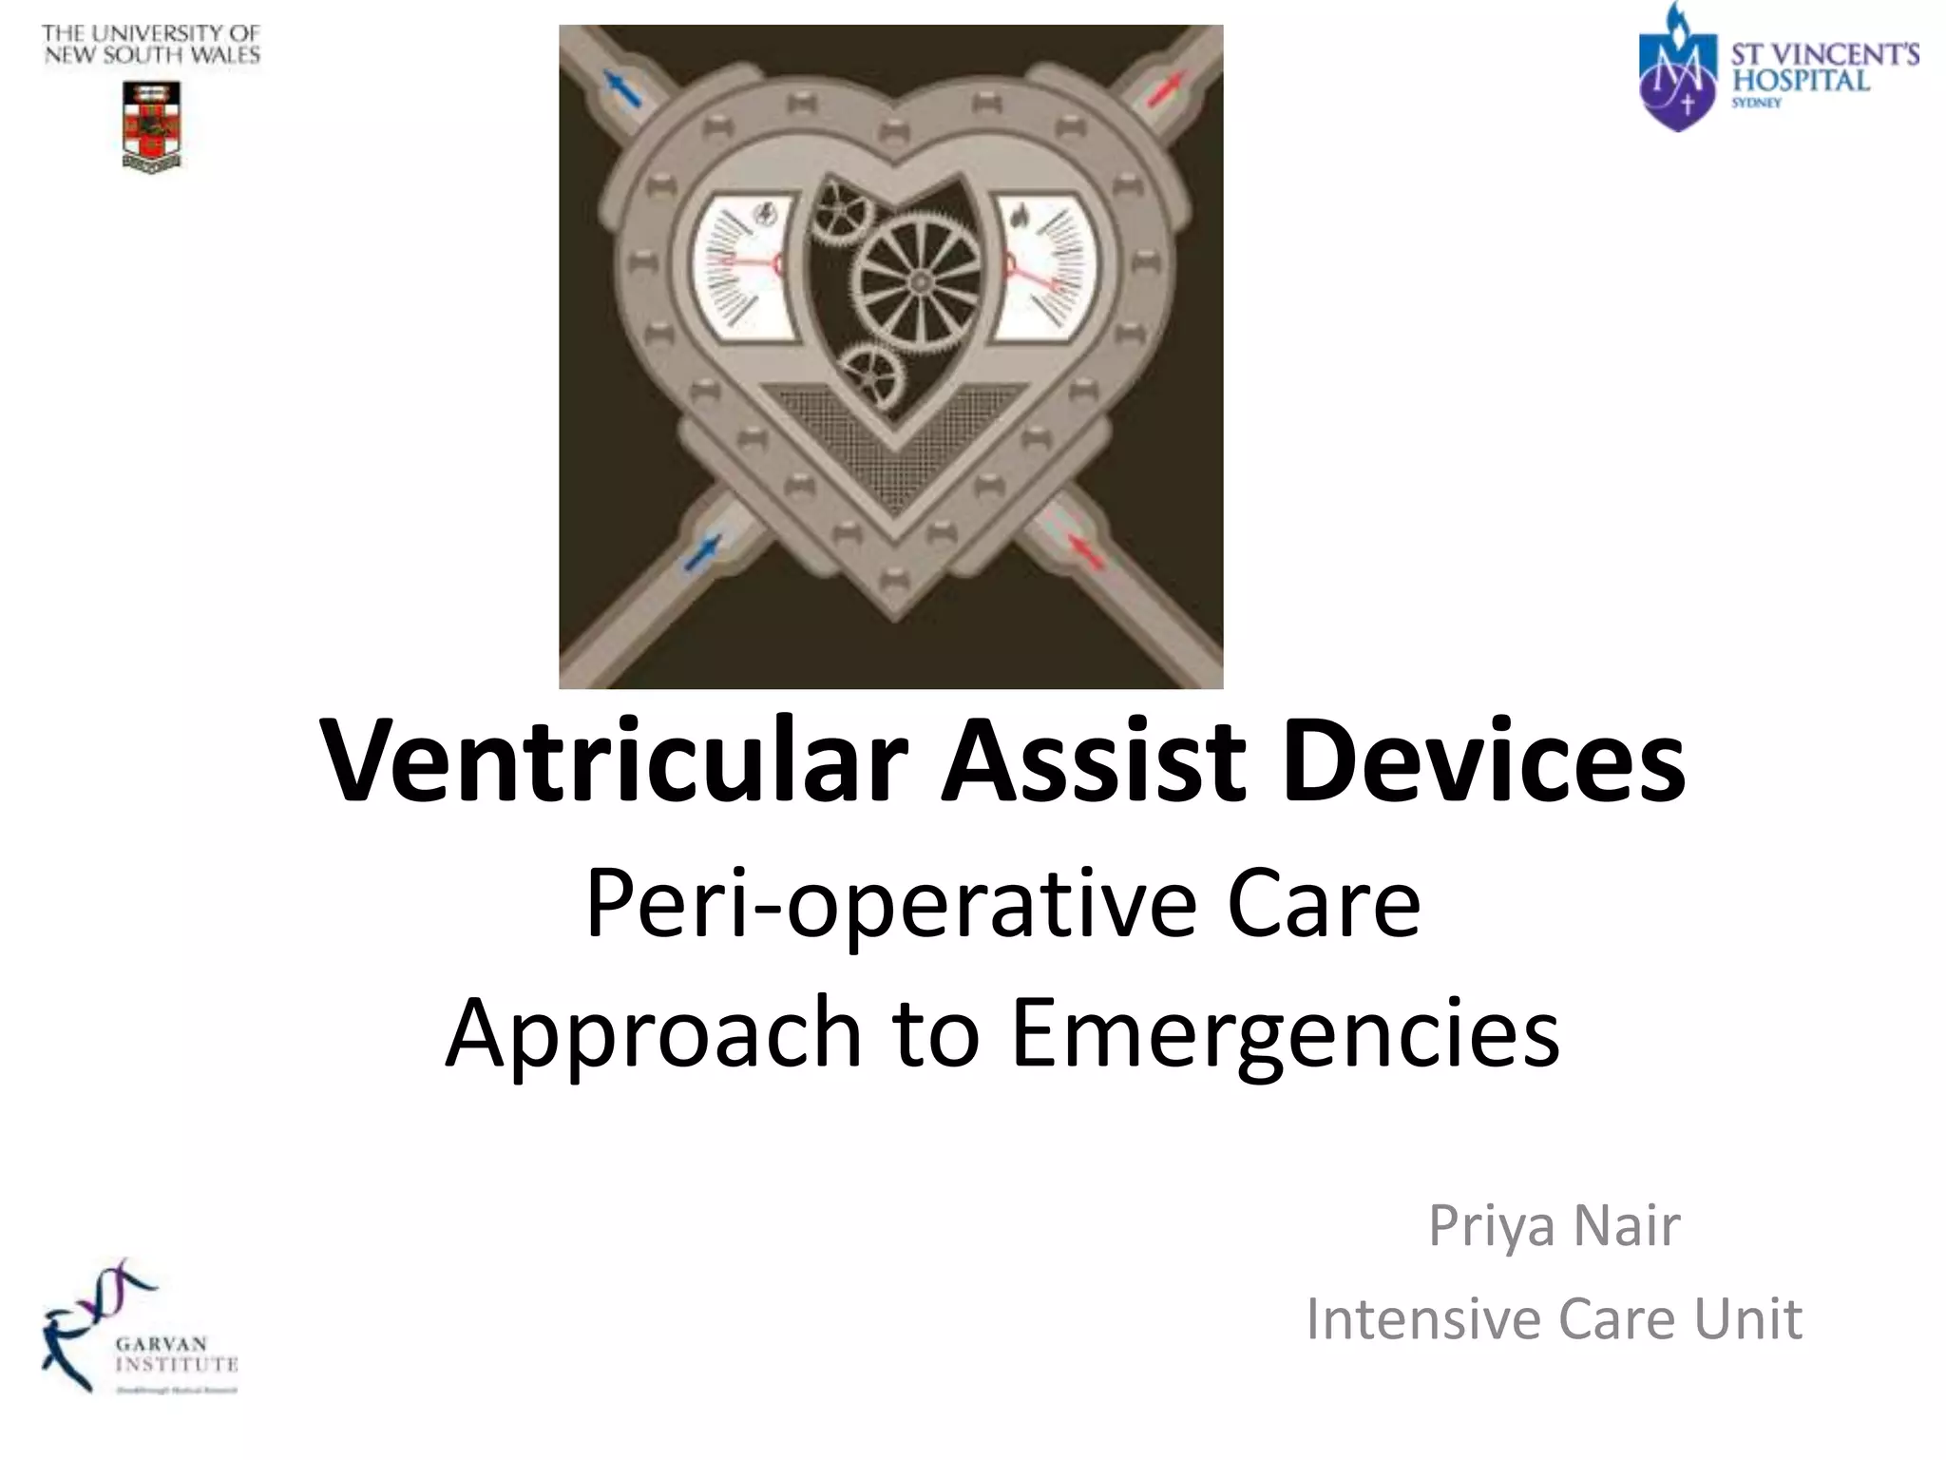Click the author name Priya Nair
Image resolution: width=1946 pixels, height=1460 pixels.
[x=1555, y=1225]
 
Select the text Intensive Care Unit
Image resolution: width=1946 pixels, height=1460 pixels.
[x=1555, y=1319]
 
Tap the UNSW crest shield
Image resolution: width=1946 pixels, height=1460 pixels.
[x=152, y=125]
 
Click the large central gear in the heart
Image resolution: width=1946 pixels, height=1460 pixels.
[x=917, y=280]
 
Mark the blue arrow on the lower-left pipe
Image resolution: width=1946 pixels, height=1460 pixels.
[x=704, y=552]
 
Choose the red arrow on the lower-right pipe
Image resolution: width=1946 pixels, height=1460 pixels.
[x=1085, y=552]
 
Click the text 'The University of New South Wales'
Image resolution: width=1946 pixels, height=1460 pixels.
[x=151, y=45]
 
